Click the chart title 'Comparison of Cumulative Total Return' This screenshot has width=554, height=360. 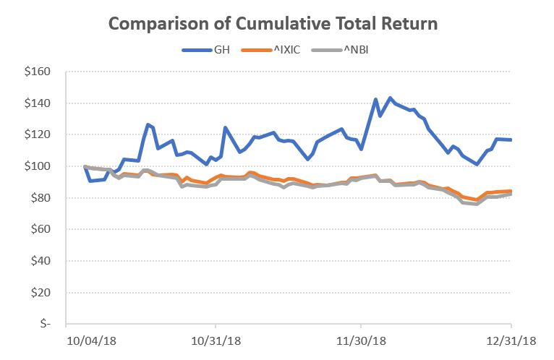click(x=273, y=24)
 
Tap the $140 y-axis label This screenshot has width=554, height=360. click(x=36, y=103)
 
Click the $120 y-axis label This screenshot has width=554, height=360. click(x=36, y=134)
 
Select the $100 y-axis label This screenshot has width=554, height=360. click(x=36, y=166)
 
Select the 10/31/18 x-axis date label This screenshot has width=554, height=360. click(x=215, y=340)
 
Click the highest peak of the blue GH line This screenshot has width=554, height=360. click(x=391, y=98)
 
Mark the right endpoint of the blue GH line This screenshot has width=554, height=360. click(x=511, y=140)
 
